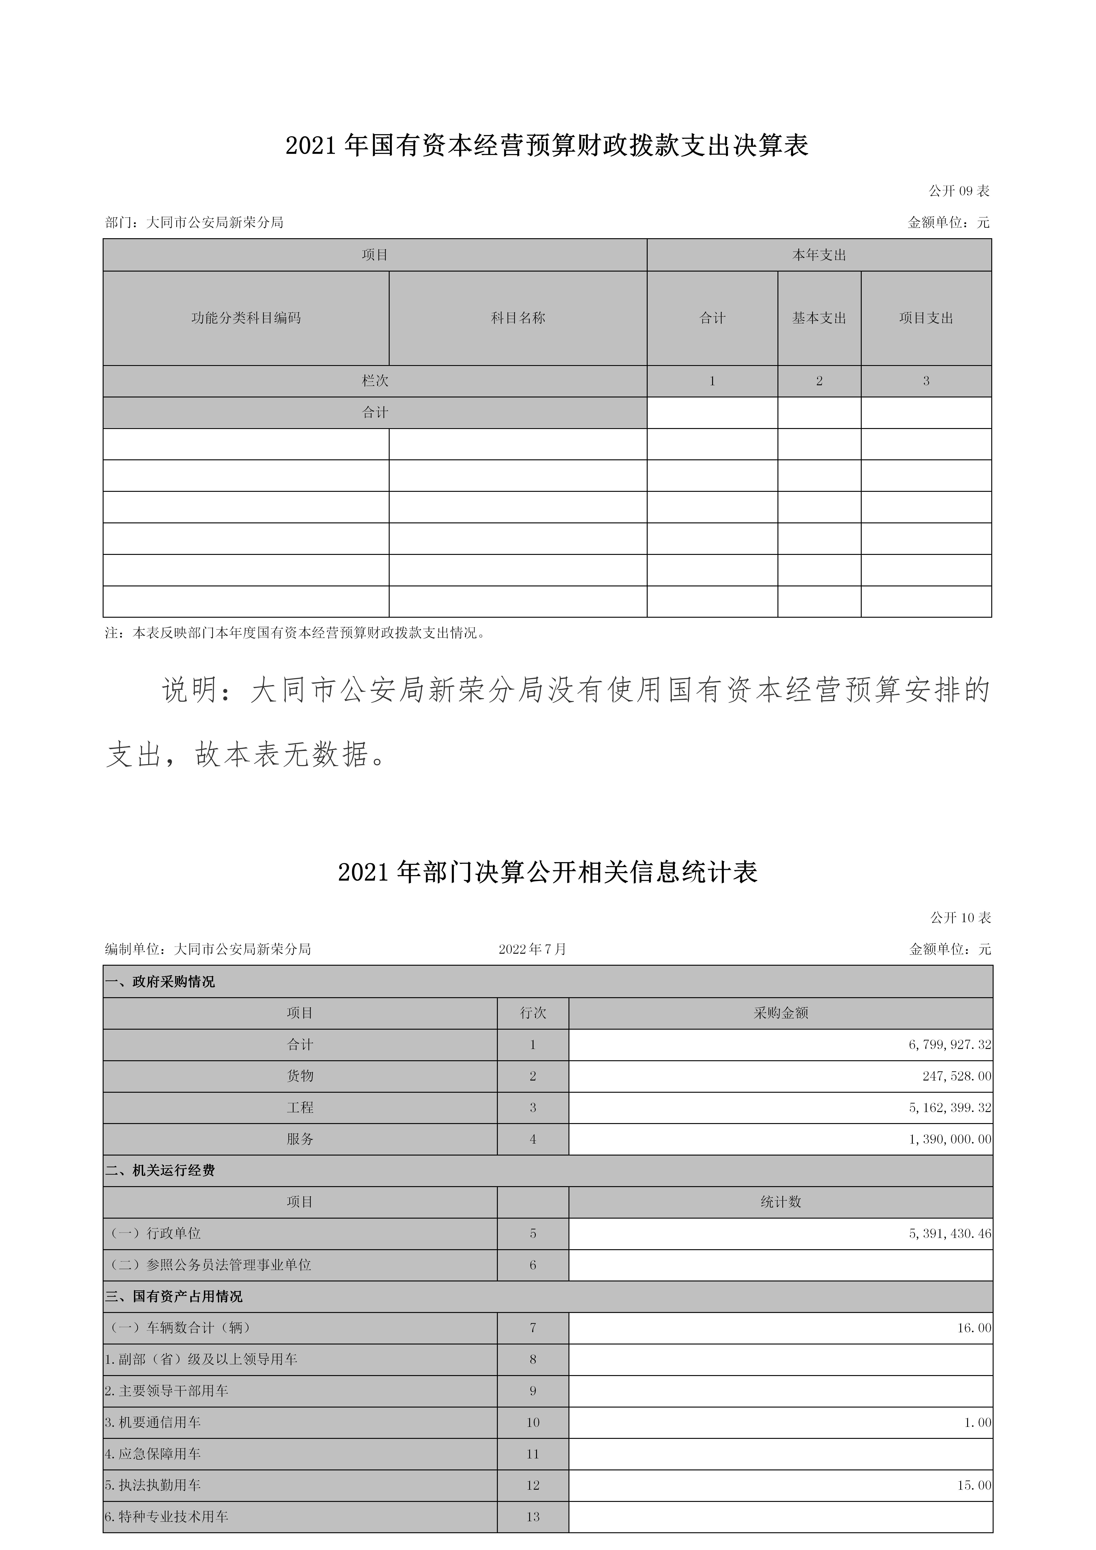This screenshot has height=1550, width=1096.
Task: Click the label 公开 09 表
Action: (959, 191)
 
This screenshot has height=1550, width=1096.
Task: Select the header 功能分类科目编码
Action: (246, 318)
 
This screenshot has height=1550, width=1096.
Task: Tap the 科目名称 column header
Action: (518, 318)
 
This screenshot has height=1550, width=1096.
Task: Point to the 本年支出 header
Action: (819, 255)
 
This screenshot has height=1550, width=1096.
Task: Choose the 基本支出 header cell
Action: (819, 318)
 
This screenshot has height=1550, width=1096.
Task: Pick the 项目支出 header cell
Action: (926, 318)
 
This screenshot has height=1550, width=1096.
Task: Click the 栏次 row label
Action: (375, 381)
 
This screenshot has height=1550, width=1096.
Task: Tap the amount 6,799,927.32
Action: (949, 1045)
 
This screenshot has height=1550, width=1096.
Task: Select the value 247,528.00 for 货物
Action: (956, 1076)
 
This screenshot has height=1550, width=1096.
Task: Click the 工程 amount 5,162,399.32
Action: (949, 1108)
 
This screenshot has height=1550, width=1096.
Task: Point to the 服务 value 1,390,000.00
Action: (949, 1140)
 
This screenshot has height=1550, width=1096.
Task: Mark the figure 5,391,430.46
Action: (949, 1233)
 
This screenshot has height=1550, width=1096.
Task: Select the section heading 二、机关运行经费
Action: (160, 1170)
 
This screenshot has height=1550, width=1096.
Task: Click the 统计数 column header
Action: (781, 1202)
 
